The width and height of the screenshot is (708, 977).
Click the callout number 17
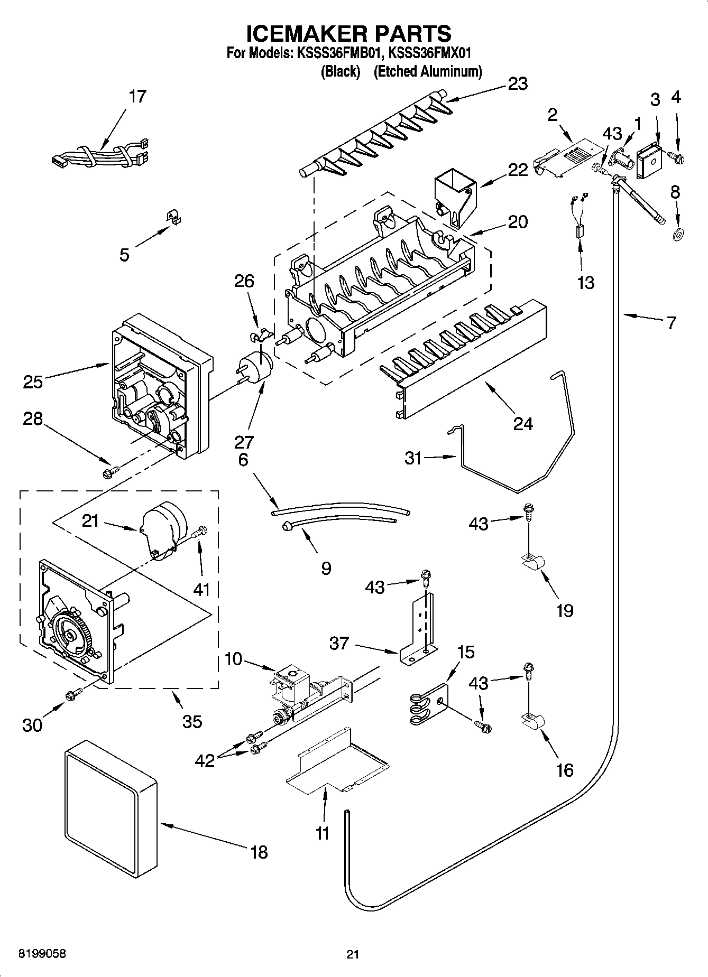coord(137,97)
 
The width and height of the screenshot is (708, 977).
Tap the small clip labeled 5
coord(171,217)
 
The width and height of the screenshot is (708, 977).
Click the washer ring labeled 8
coord(676,233)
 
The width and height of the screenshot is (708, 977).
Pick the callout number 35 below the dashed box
coord(192,721)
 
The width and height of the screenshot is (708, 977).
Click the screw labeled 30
coord(72,696)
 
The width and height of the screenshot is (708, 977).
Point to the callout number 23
coord(518,83)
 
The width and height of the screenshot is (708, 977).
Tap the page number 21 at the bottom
coord(353,954)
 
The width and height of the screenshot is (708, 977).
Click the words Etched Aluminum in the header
coord(428,71)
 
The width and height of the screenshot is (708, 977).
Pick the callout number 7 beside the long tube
coord(671,323)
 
